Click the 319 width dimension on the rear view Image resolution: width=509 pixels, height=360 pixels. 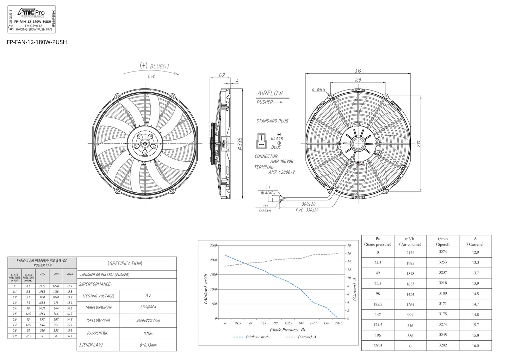coord(358,71)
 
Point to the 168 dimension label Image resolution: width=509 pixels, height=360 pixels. coord(358,80)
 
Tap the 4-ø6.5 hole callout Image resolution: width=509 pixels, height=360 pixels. coord(318,89)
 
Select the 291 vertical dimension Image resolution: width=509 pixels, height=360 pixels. coord(419,144)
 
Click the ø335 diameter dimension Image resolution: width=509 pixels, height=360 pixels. coord(240,144)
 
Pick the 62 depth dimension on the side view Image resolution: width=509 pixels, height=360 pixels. coord(222,75)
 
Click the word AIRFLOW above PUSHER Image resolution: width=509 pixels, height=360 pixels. coord(270,93)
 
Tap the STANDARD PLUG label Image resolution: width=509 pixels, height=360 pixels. coord(272,121)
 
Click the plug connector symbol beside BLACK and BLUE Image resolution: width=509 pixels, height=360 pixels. coord(261,141)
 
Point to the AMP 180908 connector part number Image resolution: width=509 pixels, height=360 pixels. coord(281,161)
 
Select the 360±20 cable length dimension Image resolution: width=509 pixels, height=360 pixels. coord(309,204)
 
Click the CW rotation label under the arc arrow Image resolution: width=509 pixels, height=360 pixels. coord(151,76)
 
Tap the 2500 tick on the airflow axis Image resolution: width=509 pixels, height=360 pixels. coord(213,245)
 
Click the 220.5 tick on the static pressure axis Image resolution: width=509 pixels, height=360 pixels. coord(338,323)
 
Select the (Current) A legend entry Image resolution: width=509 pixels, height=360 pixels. coord(302,337)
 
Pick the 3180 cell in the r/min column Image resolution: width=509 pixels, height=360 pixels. coord(443,293)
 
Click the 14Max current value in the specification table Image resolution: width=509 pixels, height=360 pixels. coord(148,333)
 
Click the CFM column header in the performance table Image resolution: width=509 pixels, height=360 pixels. coord(56,274)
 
